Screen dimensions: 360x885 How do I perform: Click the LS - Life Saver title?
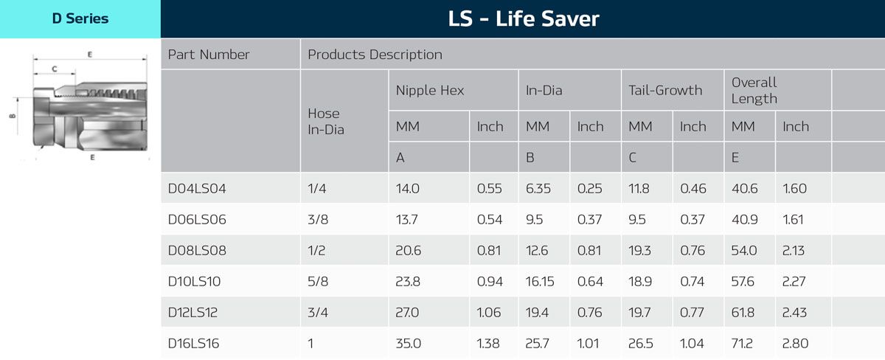(x=523, y=18)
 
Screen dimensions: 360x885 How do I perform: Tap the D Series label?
(x=80, y=18)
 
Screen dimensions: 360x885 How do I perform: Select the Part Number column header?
(x=209, y=55)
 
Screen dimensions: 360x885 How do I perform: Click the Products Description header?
(x=375, y=55)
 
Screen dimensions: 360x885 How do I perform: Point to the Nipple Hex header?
(x=430, y=91)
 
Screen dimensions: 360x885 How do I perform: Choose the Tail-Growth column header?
(x=665, y=91)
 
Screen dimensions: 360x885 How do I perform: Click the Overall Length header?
(x=754, y=90)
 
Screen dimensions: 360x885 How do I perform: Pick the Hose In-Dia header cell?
(x=324, y=121)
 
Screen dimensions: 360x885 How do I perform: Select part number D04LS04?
(x=197, y=188)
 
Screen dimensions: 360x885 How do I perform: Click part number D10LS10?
(x=195, y=281)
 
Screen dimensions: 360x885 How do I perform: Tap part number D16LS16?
(x=194, y=343)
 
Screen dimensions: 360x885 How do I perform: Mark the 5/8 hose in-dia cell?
(x=317, y=281)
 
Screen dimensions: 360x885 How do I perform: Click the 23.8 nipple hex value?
(x=409, y=281)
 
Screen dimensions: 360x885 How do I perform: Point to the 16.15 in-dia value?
(x=541, y=281)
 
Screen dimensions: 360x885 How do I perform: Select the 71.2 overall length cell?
(x=743, y=343)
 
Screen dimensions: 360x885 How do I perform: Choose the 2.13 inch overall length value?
(x=794, y=250)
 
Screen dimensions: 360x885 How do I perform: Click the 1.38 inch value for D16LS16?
(x=489, y=343)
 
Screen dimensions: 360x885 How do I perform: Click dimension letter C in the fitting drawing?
(x=55, y=69)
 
